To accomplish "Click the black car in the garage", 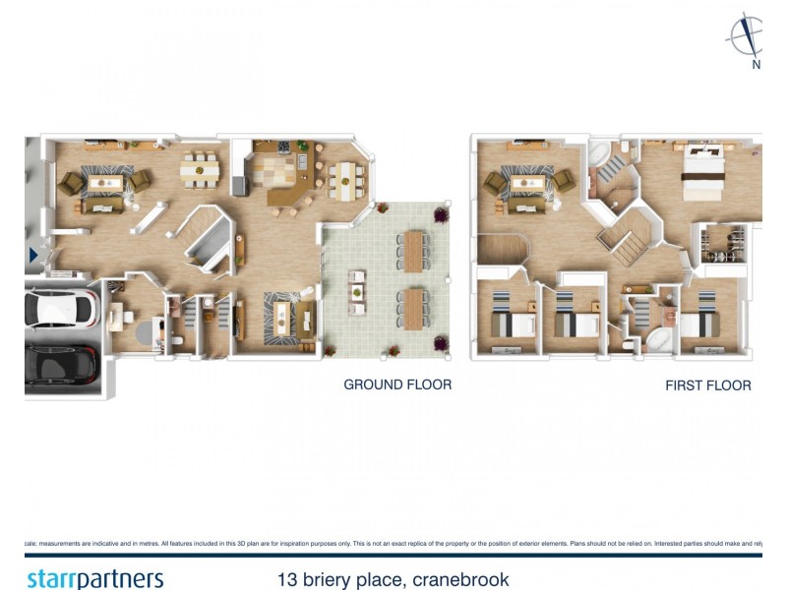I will click(x=61, y=366).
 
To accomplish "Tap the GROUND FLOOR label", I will click(x=397, y=384).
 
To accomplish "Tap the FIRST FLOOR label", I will click(x=707, y=385).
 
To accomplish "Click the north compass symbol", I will click(x=747, y=39).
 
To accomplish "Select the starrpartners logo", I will click(x=94, y=578).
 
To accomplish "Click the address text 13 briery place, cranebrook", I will click(x=393, y=579).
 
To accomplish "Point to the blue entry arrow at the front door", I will click(x=33, y=256).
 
